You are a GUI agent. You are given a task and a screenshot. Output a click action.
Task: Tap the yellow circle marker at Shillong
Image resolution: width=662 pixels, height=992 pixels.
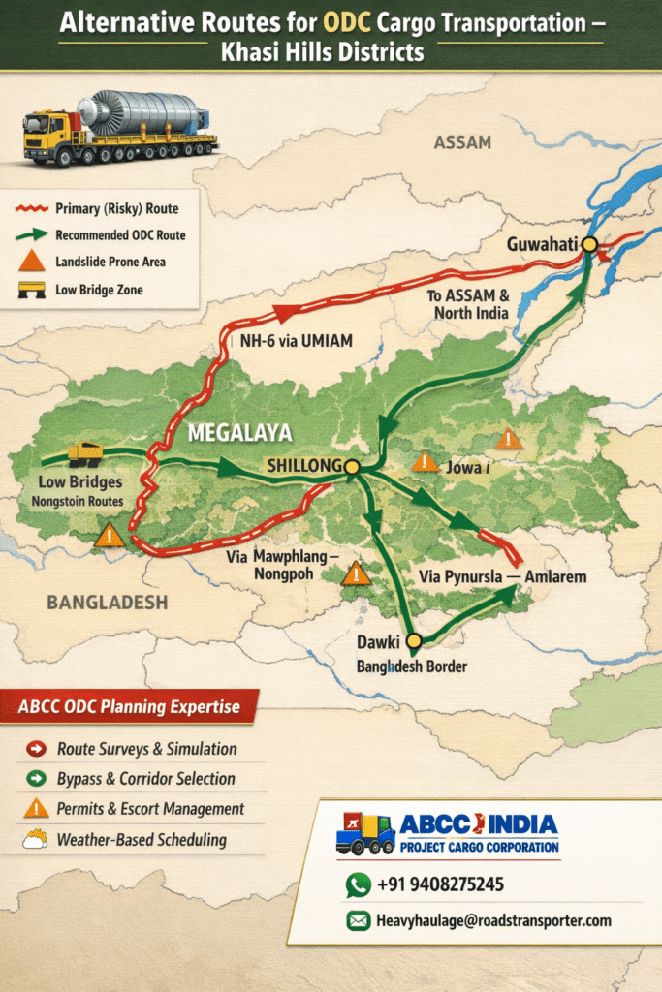(352, 467)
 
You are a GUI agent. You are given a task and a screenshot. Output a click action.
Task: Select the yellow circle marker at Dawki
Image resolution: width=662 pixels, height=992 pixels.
(414, 641)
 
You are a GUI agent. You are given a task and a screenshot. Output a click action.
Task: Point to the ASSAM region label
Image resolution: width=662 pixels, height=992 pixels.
(462, 142)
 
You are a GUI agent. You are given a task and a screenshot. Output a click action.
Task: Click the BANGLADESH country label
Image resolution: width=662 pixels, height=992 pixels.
(107, 603)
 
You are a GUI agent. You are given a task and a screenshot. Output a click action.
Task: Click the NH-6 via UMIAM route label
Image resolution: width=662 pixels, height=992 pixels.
(296, 341)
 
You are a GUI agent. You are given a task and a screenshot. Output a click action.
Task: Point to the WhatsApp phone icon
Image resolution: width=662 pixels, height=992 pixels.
(359, 884)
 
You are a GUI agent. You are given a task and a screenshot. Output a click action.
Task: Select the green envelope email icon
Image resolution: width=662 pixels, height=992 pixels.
(359, 920)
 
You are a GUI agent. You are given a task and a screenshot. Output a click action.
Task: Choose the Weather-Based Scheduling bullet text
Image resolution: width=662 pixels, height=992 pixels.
(141, 840)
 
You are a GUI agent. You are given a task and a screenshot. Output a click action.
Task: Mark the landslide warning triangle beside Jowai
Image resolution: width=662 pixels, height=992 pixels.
(425, 462)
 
